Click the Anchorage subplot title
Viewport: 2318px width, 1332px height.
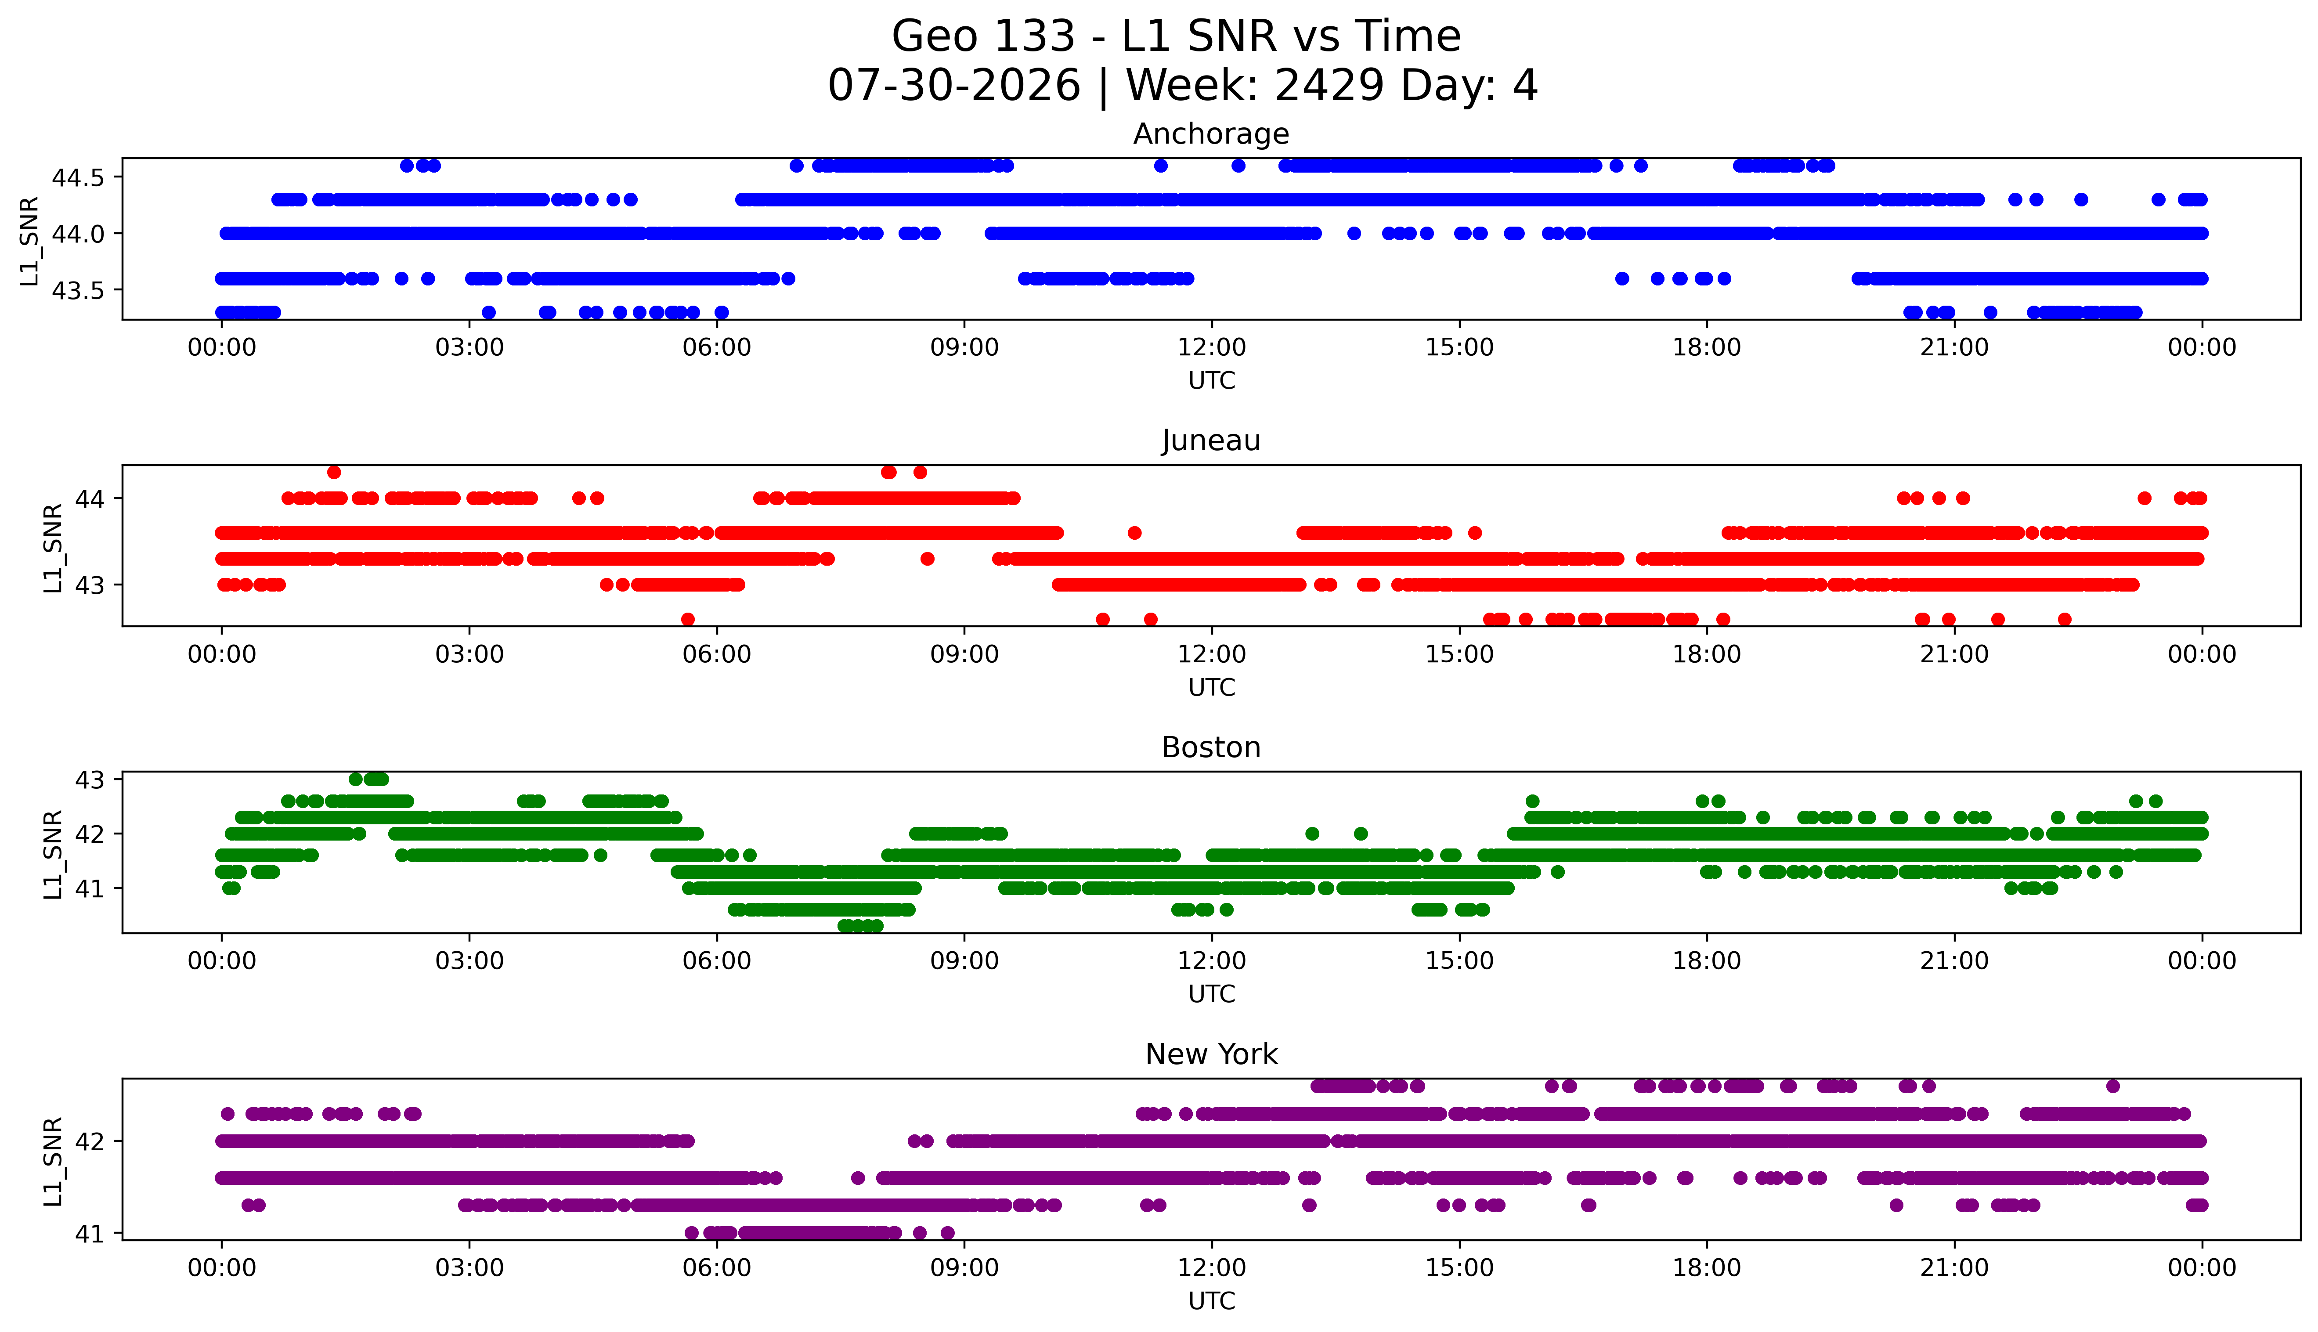[1211, 134]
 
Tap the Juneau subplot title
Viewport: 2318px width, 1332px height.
[1211, 441]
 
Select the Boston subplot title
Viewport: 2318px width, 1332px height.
[1211, 747]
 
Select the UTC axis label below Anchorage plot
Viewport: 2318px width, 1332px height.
[1211, 381]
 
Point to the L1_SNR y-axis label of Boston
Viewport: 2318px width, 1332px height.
[53, 854]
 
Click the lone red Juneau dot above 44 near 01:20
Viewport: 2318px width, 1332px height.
[334, 472]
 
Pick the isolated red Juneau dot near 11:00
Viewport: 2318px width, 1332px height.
[1134, 532]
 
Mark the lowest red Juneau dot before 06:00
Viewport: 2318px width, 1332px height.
[688, 619]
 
